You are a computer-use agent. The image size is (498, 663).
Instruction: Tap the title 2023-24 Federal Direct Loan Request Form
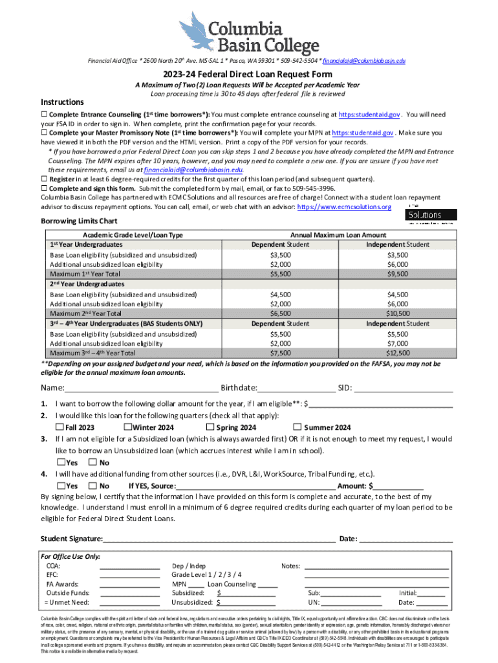coord(248,74)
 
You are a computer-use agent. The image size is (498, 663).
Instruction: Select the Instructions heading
coord(62,102)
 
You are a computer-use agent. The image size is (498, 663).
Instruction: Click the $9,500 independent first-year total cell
coord(397,274)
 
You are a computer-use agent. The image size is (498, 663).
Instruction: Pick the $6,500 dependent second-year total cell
coord(280,313)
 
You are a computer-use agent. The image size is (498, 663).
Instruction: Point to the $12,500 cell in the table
coord(397,353)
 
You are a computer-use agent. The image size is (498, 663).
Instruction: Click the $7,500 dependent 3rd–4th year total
coord(280,353)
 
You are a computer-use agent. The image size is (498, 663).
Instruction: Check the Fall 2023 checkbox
coord(60,427)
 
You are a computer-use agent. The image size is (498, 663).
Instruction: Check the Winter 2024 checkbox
coord(127,427)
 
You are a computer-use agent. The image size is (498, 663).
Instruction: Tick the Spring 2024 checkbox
coord(210,427)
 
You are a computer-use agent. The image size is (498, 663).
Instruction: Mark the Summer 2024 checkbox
coord(298,427)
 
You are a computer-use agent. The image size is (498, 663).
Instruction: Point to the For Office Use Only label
coord(70,556)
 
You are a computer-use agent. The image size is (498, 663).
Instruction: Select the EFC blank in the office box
coord(129,575)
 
